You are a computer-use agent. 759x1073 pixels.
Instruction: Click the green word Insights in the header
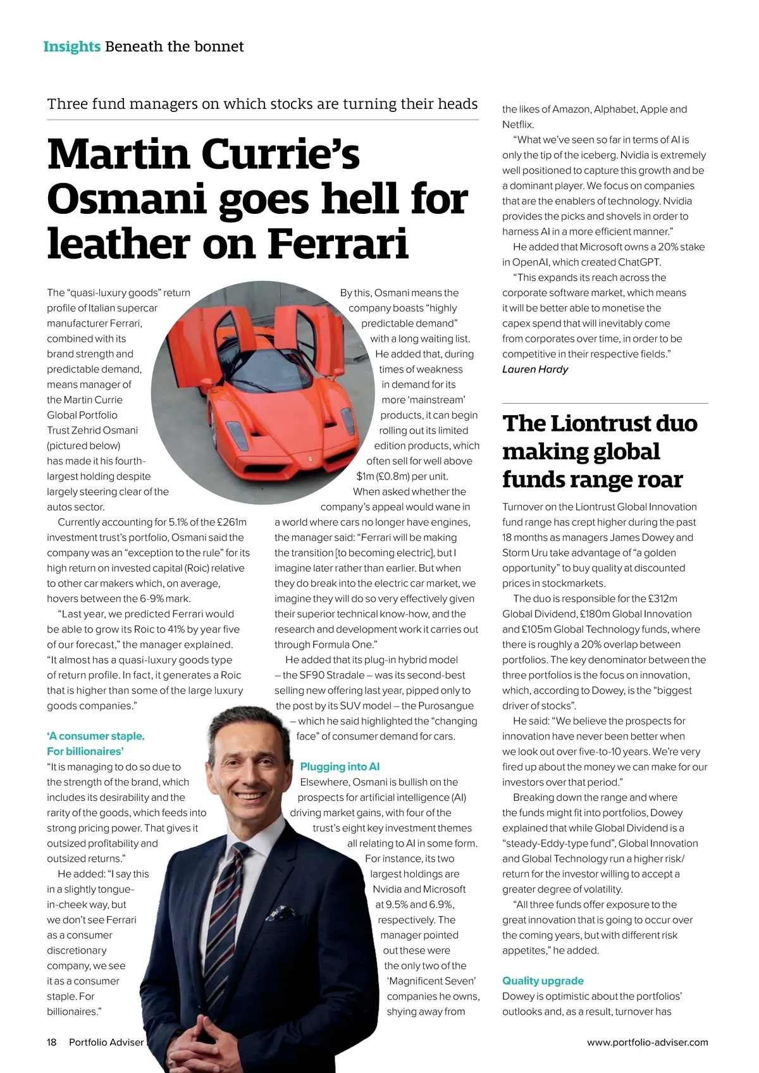point(71,47)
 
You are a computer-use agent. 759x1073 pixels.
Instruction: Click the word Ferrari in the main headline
point(338,244)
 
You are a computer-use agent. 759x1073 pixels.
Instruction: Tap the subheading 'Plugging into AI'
point(340,767)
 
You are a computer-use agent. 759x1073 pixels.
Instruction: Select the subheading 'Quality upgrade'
point(543,981)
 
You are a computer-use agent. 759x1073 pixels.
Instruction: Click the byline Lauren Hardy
point(535,369)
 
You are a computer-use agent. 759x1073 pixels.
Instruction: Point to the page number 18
point(52,1042)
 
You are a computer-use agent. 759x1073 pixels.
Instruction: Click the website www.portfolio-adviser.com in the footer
point(647,1042)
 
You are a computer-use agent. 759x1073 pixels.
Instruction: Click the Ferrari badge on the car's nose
point(310,457)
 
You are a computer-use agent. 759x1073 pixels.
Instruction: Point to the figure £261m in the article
point(231,523)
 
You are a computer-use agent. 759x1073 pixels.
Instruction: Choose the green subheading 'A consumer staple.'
point(96,736)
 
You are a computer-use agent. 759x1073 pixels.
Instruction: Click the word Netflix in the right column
point(517,125)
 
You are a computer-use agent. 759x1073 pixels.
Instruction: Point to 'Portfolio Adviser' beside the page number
point(106,1042)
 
